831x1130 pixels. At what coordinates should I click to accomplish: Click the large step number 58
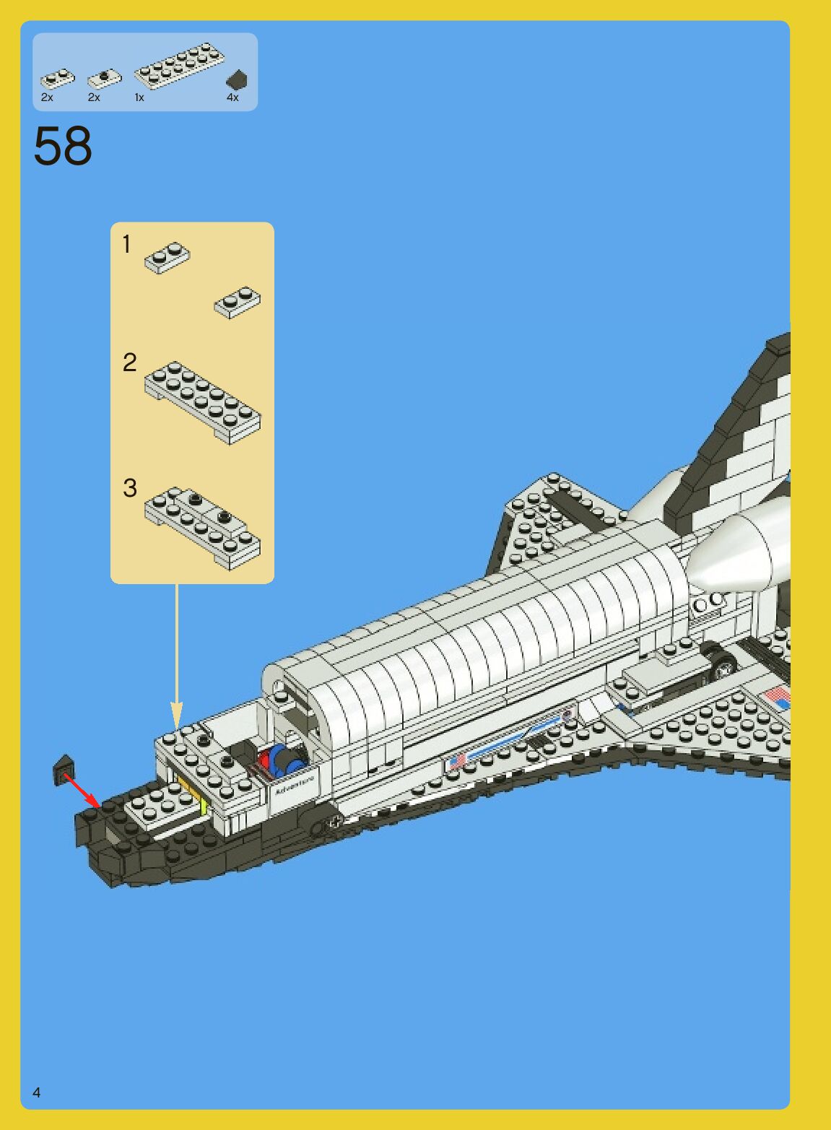tap(63, 147)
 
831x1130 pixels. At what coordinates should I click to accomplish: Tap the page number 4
tap(37, 1092)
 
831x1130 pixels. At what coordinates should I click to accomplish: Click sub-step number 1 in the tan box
tap(127, 245)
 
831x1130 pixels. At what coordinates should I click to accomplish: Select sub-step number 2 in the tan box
tap(130, 362)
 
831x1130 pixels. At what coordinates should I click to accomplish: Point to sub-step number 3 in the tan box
tap(130, 487)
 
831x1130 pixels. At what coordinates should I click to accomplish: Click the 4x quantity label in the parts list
tap(232, 97)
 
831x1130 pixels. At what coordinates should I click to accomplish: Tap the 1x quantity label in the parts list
tap(139, 97)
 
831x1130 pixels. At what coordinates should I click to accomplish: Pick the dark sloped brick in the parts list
tap(236, 79)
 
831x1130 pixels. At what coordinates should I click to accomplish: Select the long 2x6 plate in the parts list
tap(179, 65)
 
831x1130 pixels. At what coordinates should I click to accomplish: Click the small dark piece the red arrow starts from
tap(64, 770)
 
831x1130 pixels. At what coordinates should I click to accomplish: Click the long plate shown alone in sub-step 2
tap(203, 401)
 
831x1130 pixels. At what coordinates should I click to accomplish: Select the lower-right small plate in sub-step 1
tap(238, 302)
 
